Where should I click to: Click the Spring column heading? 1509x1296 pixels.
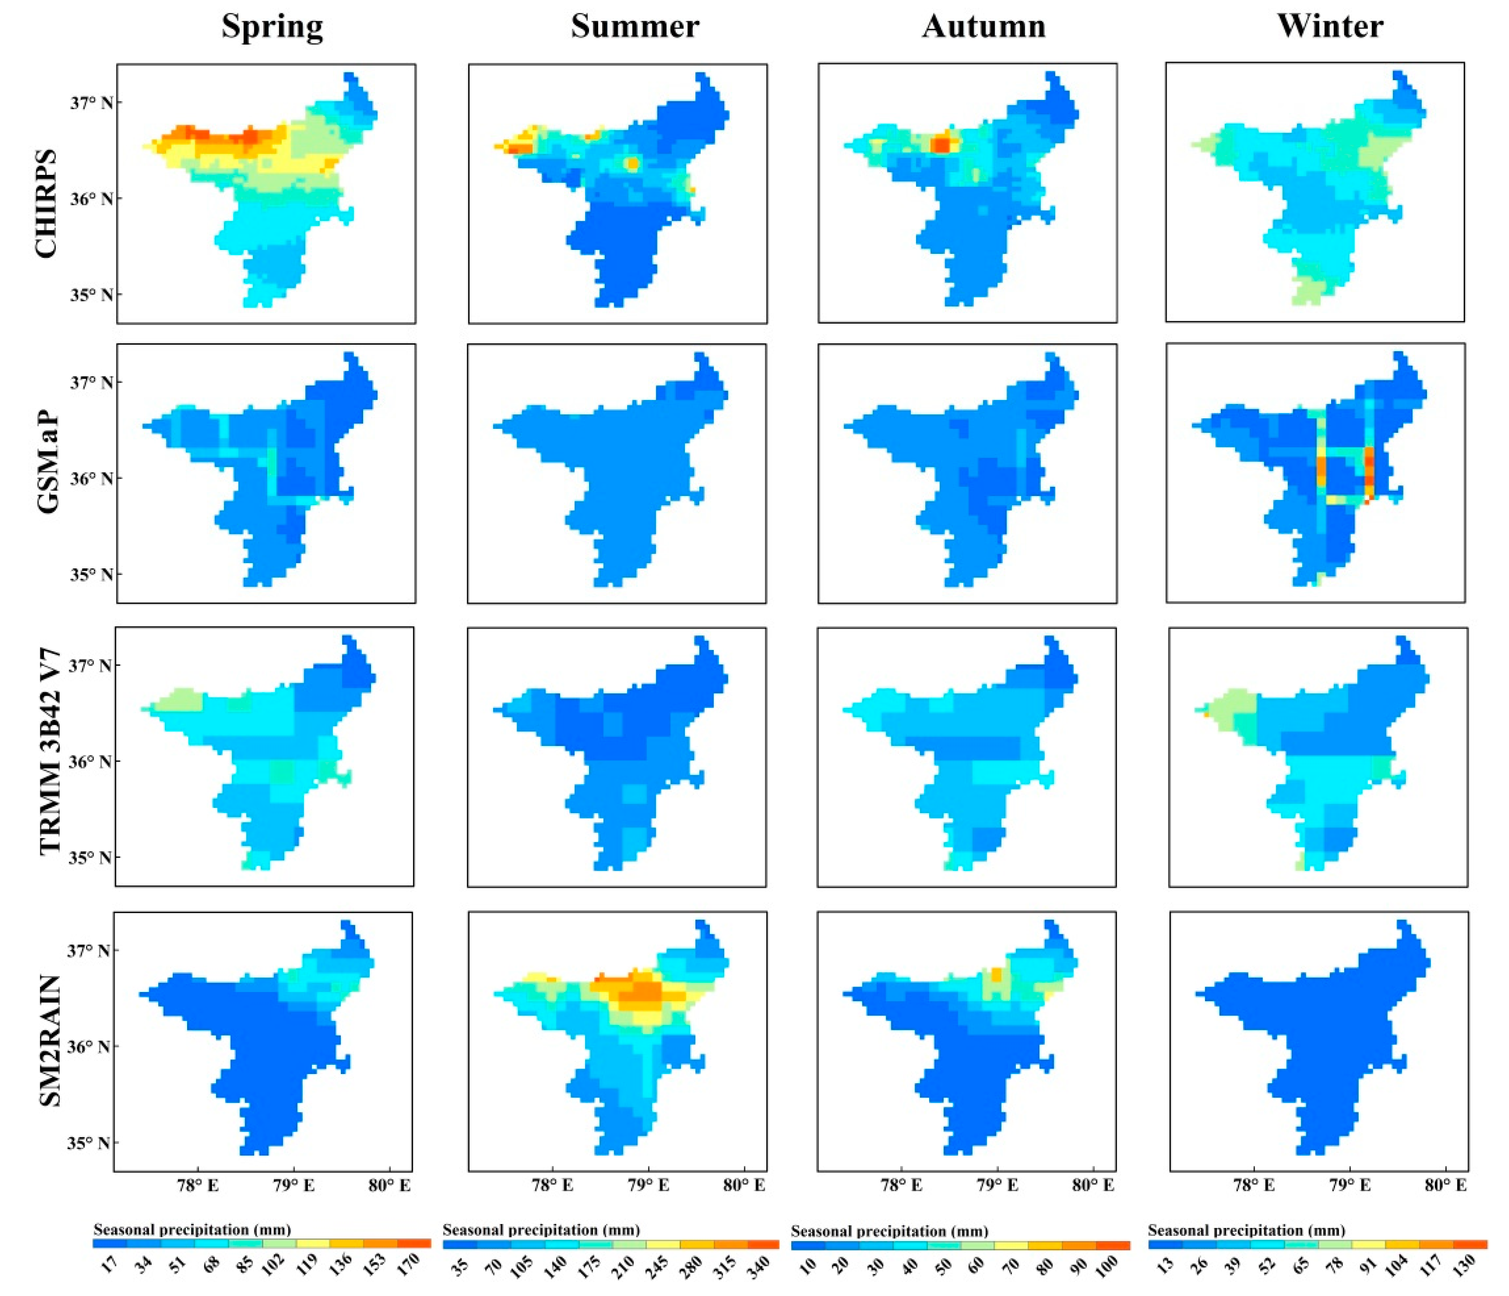[273, 27]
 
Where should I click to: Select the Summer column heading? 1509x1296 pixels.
[634, 27]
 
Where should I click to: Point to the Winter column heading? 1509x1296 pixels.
[1330, 27]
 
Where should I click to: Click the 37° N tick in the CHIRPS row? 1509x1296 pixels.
[92, 103]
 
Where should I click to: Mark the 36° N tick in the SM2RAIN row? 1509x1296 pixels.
[89, 1047]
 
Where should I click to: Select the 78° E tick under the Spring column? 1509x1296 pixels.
[198, 1185]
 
